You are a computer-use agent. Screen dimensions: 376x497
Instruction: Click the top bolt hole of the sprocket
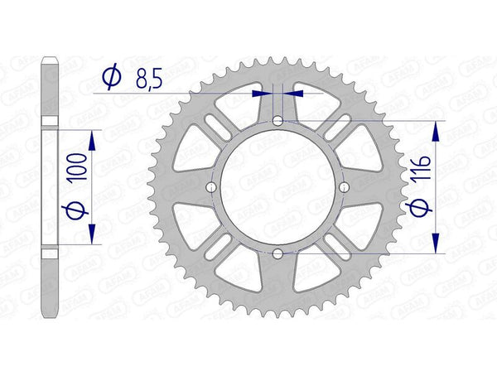277,122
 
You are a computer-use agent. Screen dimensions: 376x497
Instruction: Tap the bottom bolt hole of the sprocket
277,253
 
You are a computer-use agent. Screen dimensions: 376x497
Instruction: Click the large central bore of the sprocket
277,187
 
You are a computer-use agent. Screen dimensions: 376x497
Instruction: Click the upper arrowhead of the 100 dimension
91,138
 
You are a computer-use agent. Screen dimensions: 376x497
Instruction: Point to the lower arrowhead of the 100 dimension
91,236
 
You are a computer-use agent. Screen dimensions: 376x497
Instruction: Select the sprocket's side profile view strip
50,187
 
